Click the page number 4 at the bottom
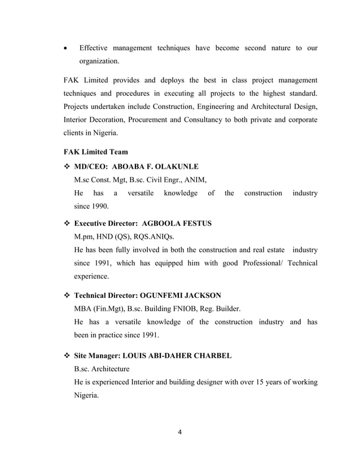click(180, 432)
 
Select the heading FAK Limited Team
click(95, 152)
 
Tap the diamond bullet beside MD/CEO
click(67, 167)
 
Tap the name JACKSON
click(201, 295)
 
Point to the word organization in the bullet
click(99, 60)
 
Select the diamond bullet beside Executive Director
click(67, 223)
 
